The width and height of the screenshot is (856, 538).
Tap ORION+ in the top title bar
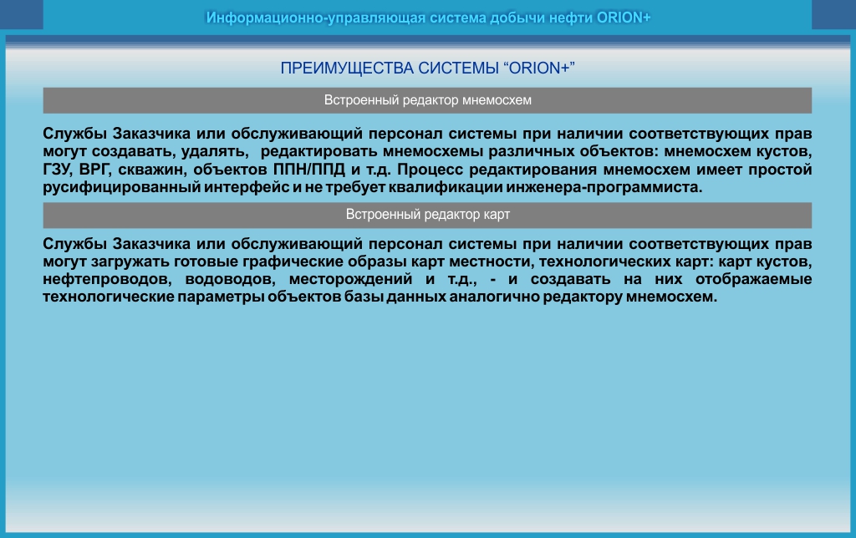coord(624,18)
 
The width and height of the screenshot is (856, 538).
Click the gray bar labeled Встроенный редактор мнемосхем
coord(427,100)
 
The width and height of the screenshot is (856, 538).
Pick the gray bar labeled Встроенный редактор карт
coord(427,215)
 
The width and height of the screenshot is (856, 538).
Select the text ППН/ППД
coord(309,170)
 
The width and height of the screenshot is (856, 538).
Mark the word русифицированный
coord(122,188)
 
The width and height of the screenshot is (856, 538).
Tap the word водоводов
coord(231,279)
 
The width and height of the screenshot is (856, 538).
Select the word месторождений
coord(350,279)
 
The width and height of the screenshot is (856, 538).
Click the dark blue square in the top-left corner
coord(21,14)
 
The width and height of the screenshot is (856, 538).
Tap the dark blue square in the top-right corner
coord(833,14)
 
